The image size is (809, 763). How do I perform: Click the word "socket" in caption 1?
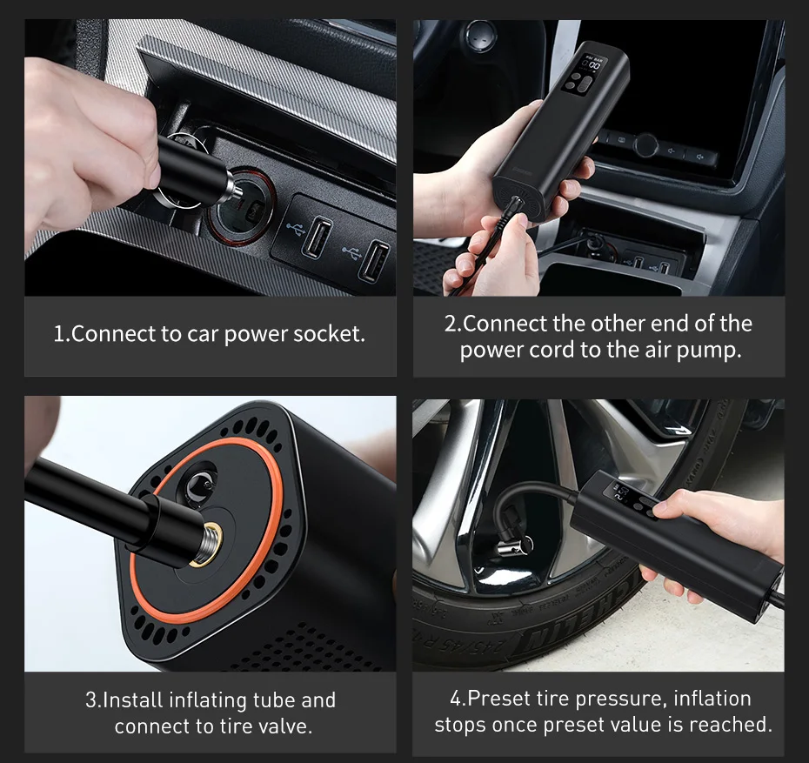coord(329,334)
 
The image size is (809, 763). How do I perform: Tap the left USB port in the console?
coord(317,237)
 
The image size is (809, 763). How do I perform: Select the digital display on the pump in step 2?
coord(591,64)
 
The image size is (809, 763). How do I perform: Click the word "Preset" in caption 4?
coord(498,699)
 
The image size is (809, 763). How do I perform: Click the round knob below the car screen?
coord(645,145)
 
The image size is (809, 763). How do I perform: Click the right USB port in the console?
coord(375,262)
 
